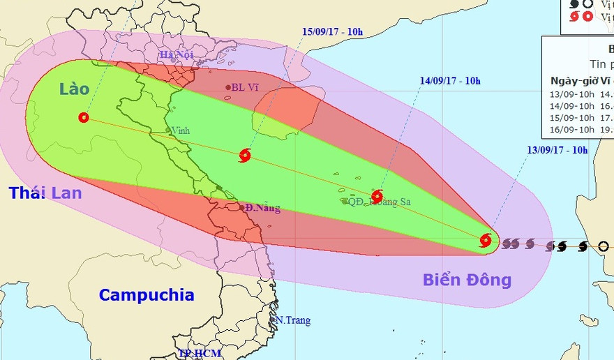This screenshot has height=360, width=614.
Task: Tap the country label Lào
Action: [74, 89]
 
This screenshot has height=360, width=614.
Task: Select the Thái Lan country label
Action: [45, 193]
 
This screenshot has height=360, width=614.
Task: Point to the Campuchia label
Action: [146, 294]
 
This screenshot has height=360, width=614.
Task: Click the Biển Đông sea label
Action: [467, 280]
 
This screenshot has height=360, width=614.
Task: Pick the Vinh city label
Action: [181, 130]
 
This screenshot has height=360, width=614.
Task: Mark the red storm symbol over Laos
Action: [84, 118]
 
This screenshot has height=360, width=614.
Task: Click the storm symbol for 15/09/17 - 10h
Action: [244, 156]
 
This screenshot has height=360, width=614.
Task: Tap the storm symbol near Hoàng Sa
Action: [377, 196]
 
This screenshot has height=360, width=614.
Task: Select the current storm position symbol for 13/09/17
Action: [486, 241]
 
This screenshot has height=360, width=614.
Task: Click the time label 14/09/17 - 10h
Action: [451, 81]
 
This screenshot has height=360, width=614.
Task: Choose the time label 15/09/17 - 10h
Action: [332, 31]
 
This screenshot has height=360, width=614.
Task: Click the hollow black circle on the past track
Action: [604, 246]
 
